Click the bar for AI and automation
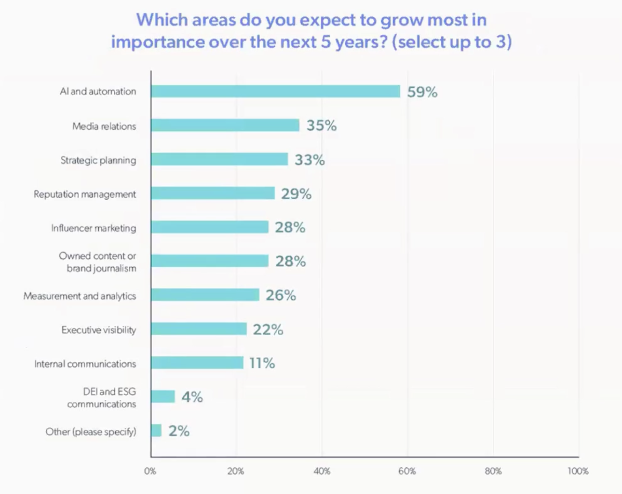coord(275,91)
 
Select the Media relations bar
coord(225,125)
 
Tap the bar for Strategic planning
coord(219,159)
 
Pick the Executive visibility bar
coord(199,329)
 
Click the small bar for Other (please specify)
coord(156,430)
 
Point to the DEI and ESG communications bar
coord(163,397)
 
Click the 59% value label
coord(422,92)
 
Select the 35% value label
coord(321,126)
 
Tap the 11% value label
coord(262,363)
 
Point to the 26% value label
coord(281,295)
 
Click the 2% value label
coord(179,431)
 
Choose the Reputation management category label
coord(85,194)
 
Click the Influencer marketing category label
coord(94,228)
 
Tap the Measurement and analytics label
coord(80,296)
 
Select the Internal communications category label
coord(85,364)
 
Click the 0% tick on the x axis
coord(150,472)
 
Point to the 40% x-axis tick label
coord(322,472)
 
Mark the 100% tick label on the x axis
coord(578,472)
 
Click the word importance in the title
coord(157,42)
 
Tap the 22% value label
coord(268,329)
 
